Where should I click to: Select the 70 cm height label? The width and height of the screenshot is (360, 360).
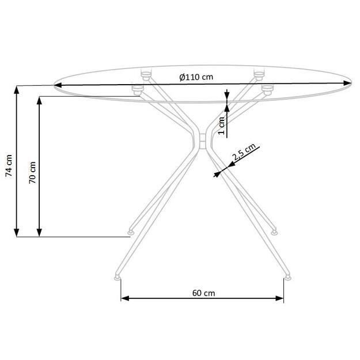(32, 171)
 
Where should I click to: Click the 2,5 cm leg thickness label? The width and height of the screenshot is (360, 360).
(244, 154)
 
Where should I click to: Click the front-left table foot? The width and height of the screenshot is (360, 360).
(118, 276)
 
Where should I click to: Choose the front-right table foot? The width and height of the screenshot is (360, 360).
(286, 276)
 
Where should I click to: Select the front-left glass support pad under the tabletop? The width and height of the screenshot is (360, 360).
(138, 89)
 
